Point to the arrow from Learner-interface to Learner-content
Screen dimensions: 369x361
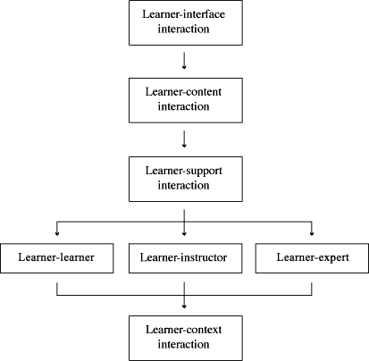tap(184, 61)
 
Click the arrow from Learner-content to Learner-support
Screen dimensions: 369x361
tap(184, 139)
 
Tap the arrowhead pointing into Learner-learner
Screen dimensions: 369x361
tap(57, 234)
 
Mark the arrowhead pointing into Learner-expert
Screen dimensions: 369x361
tap(312, 234)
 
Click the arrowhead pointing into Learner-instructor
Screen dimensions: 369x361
tap(184, 234)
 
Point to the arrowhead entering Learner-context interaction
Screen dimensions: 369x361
tap(184, 306)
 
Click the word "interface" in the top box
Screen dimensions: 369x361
tap(205, 14)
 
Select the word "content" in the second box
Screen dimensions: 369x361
tap(205, 92)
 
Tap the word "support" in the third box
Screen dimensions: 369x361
tap(205, 172)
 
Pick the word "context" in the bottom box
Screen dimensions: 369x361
tap(205, 330)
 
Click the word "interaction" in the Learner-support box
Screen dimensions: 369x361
tap(184, 185)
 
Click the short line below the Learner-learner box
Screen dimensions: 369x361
tap(57, 289)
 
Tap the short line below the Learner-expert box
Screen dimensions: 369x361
tap(312, 289)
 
